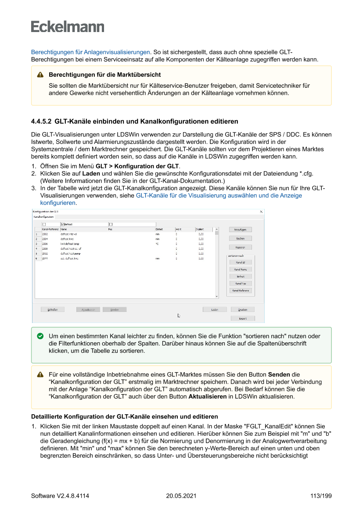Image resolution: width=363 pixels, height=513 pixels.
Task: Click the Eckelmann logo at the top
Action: pos(68,26)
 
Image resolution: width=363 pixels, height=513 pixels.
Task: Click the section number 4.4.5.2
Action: pos(41,121)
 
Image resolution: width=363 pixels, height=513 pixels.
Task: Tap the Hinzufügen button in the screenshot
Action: pos(241,230)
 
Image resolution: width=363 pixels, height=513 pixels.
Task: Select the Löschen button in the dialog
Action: pos(241,238)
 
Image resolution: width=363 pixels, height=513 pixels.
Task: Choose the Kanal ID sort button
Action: pos(241,262)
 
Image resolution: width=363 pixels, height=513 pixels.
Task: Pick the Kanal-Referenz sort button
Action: pos(241,291)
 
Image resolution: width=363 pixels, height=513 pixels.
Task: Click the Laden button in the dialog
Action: pos(215,309)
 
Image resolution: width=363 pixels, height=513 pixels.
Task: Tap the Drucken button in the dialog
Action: pos(243,309)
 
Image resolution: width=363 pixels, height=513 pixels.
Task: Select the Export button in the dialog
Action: pos(243,318)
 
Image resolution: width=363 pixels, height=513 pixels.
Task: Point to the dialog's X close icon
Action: pos(262,212)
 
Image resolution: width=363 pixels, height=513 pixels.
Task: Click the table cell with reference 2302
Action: pos(45,234)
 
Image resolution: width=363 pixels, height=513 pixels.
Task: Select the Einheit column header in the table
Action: pos(159,229)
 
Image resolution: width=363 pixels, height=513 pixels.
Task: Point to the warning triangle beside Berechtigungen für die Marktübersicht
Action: pos(40,75)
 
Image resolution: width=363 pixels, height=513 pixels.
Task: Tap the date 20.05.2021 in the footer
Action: pos(181,496)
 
